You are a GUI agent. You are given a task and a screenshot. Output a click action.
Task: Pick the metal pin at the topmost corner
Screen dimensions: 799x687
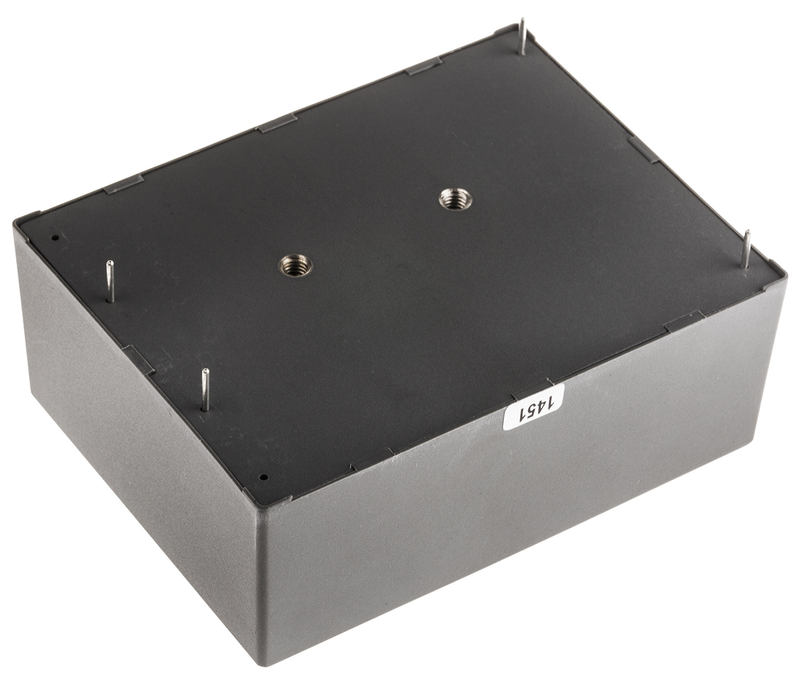(522, 37)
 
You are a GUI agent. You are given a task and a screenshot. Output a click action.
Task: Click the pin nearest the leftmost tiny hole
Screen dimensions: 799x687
(110, 281)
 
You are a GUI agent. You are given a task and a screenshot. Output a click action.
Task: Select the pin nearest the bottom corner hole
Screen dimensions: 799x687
(205, 390)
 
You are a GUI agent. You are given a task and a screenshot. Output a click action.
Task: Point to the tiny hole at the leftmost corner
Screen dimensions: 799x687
(55, 238)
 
